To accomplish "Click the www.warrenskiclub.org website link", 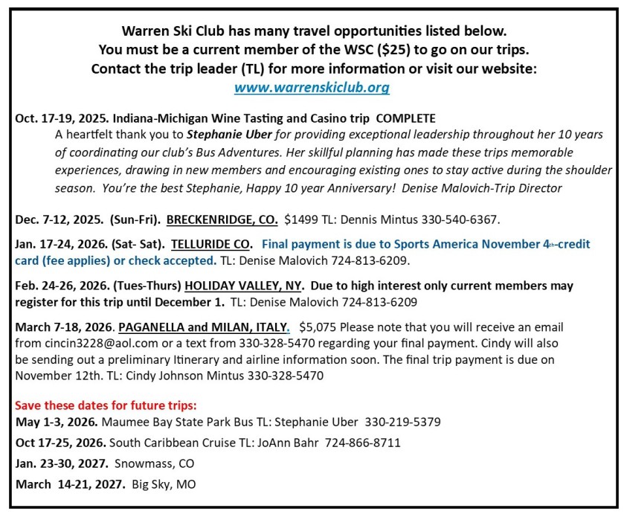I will pyautogui.click(x=312, y=88).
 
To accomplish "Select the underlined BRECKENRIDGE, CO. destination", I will pyautogui.click(x=222, y=220).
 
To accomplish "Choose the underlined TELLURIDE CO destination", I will pyautogui.click(x=212, y=244).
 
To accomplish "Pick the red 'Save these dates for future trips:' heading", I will pyautogui.click(x=106, y=406).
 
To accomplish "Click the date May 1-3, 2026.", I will pyautogui.click(x=56, y=422).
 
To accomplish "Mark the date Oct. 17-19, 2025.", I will pyautogui.click(x=60, y=119).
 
